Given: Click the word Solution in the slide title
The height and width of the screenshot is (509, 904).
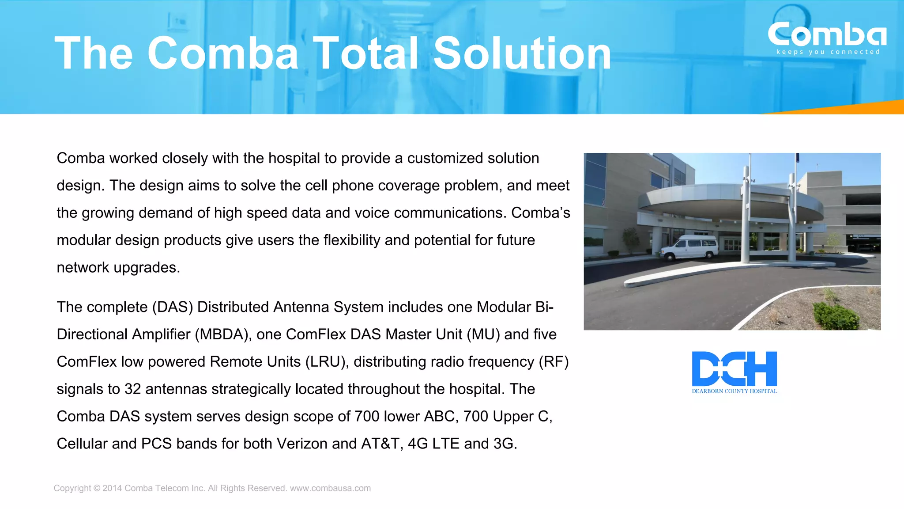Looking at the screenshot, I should [x=522, y=53].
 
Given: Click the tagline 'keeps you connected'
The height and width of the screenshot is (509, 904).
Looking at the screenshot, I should [x=828, y=52].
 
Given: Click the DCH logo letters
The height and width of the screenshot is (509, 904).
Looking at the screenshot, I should [x=734, y=368].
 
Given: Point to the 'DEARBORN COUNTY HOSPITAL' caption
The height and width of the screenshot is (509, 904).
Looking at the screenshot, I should [x=734, y=391].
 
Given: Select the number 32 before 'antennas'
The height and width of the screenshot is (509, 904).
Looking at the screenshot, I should [x=132, y=389].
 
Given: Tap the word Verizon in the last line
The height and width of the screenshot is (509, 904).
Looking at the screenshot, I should [x=302, y=444].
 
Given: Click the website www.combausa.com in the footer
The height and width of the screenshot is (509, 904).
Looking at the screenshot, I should [x=330, y=488].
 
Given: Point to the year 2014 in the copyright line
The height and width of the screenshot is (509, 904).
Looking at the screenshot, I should [x=112, y=488].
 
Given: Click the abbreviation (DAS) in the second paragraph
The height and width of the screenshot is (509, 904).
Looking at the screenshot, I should [x=173, y=307].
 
